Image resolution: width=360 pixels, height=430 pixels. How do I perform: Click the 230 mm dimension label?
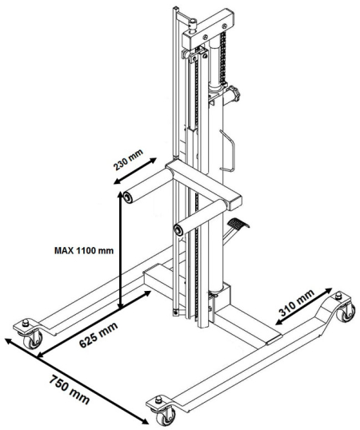[128, 160]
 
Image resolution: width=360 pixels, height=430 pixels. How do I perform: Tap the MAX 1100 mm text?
[84, 250]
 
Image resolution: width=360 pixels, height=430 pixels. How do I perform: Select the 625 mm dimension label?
[98, 335]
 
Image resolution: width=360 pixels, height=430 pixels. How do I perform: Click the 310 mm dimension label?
[297, 303]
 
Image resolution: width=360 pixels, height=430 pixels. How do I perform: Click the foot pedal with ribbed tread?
[238, 223]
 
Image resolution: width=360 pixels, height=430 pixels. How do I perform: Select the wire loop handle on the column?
[228, 150]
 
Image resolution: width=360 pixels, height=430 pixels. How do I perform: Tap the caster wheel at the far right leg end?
[347, 313]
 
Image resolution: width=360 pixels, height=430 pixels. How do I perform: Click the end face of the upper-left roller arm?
[127, 197]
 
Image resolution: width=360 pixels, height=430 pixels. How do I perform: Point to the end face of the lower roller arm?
[178, 229]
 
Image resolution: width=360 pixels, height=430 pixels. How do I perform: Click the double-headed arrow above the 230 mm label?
[135, 170]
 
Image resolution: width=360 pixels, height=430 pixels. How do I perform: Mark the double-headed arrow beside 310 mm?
[304, 306]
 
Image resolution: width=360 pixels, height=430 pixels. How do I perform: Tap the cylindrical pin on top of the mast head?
[193, 25]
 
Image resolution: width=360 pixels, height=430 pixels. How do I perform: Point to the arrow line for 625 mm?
[94, 324]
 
